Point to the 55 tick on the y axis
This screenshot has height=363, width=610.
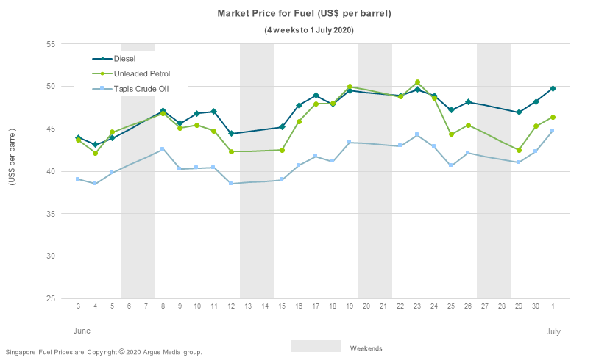coord(51,44)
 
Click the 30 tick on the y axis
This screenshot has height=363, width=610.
coord(51,256)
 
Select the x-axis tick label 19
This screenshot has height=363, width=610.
coord(350,306)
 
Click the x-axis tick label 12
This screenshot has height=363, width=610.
coord(231,306)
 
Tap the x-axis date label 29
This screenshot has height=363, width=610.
coord(519,306)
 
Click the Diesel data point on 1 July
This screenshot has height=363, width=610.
coord(553,88)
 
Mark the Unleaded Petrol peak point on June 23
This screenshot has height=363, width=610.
coord(417,82)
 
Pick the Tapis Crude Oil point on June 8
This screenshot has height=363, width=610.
coord(163,149)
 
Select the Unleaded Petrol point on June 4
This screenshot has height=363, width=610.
coord(95,153)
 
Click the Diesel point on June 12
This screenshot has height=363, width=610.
coord(231,134)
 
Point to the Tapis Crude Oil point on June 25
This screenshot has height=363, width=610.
coord(451,165)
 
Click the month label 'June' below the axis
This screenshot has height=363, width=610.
coord(82,332)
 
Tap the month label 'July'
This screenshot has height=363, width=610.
coord(553,332)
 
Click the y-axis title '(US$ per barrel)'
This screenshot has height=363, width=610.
coord(13,170)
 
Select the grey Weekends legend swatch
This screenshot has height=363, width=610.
coord(316,346)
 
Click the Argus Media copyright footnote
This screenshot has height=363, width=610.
coord(103,353)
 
